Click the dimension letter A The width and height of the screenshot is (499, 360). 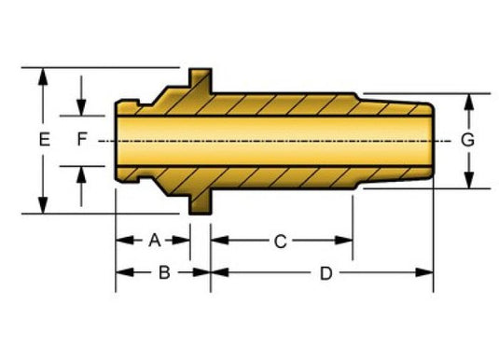click(x=155, y=241)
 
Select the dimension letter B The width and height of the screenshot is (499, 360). click(x=164, y=272)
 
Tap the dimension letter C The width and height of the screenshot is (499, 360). click(x=281, y=242)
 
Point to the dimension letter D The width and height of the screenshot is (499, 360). click(x=326, y=273)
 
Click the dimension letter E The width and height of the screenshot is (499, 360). click(x=45, y=139)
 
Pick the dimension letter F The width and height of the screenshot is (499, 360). click(x=82, y=139)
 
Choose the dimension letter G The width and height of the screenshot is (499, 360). click(x=467, y=140)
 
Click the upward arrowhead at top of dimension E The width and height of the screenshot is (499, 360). click(x=43, y=76)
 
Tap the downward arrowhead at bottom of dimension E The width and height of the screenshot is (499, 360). click(x=43, y=205)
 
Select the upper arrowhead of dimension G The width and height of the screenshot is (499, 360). click(x=469, y=102)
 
